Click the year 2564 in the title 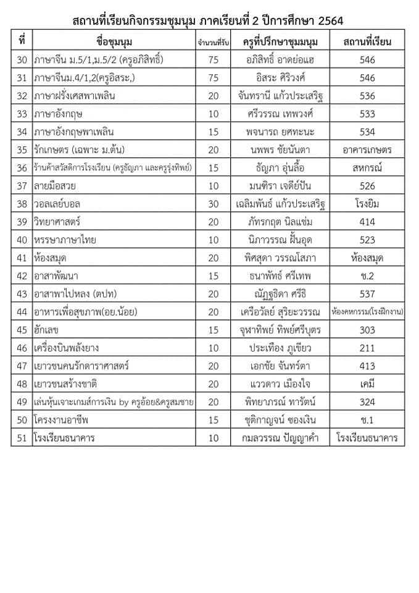[x=328, y=22]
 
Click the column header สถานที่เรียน [x=367, y=42]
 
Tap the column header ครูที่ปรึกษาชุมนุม [x=276, y=42]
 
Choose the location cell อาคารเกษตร [x=367, y=149]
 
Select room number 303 [x=367, y=330]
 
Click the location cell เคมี [x=367, y=384]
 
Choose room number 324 [x=367, y=402]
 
